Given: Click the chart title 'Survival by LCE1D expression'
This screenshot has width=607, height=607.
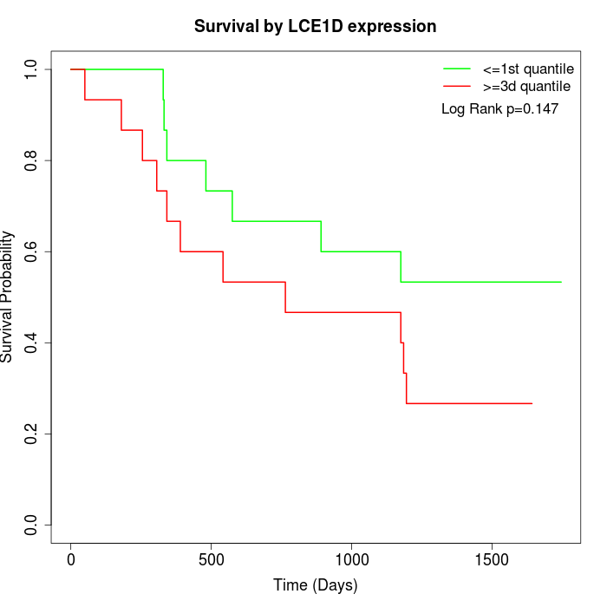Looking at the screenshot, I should tap(315, 26).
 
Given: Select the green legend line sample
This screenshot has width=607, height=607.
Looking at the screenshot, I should tap(456, 69).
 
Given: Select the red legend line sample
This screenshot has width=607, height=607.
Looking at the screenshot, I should tap(456, 87).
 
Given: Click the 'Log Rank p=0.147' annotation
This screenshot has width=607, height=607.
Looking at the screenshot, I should tap(499, 109).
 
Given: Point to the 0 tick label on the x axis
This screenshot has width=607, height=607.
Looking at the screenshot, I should tap(71, 559).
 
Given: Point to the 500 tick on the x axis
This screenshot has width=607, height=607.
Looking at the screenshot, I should tap(212, 559).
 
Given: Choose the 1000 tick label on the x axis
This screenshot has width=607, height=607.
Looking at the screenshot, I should tap(352, 559).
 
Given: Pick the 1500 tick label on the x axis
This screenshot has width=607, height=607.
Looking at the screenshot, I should tap(493, 559).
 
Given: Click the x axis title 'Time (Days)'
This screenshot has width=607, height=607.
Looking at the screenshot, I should tap(315, 586).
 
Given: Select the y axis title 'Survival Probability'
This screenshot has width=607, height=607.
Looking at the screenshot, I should tap(8, 297).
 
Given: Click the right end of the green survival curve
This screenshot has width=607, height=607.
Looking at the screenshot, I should tap(561, 282).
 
